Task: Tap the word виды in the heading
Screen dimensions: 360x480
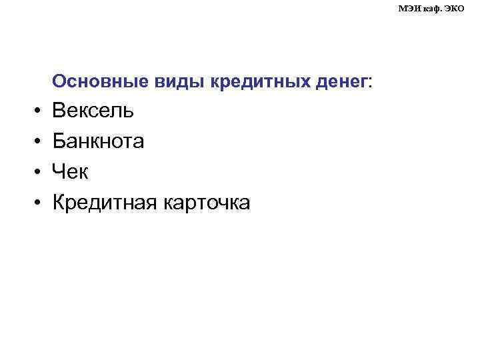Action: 171,82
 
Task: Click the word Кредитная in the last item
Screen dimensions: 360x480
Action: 104,203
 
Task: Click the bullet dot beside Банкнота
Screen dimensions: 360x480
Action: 39,142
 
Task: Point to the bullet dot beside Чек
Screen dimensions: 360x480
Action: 39,173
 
